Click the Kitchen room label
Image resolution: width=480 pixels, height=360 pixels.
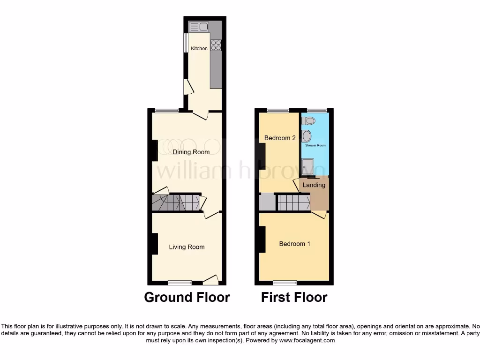pyautogui.click(x=199, y=48)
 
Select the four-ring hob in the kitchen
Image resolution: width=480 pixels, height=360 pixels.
pyautogui.click(x=216, y=45)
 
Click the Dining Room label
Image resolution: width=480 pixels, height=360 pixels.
pyautogui.click(x=191, y=152)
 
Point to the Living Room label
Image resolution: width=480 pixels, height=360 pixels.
pyautogui.click(x=187, y=247)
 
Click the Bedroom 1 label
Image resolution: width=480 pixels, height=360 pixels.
pyautogui.click(x=294, y=244)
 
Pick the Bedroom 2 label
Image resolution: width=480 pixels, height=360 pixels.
pyautogui.click(x=280, y=138)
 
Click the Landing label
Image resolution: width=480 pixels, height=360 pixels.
pyautogui.click(x=314, y=185)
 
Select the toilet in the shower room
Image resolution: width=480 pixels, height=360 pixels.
pyautogui.click(x=309, y=121)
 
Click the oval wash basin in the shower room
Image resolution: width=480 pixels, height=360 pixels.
pyautogui.click(x=307, y=136)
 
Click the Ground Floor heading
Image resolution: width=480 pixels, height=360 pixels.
pyautogui.click(x=187, y=297)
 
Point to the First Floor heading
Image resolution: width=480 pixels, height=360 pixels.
pyautogui.click(x=294, y=297)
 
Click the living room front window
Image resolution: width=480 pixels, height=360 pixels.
pyautogui.click(x=180, y=282)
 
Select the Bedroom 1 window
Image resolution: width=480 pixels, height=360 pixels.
pyautogui.click(x=285, y=282)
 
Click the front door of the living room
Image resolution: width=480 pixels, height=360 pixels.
pyautogui.click(x=211, y=280)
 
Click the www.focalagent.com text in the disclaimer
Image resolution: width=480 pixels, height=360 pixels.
pyautogui.click(x=307, y=341)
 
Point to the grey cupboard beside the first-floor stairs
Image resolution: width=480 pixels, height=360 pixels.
pyautogui.click(x=267, y=202)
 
